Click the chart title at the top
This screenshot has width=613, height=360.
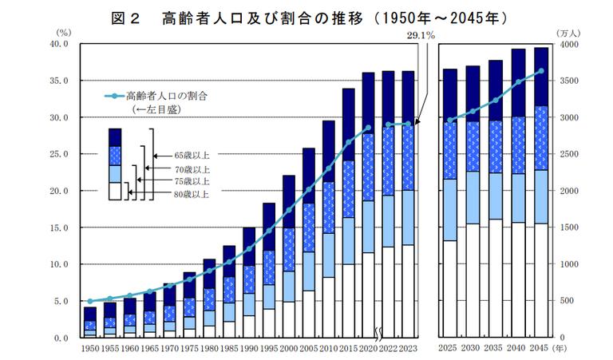click(x=306, y=17)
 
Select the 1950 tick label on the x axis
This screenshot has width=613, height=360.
click(x=90, y=348)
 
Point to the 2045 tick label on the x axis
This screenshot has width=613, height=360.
click(x=540, y=348)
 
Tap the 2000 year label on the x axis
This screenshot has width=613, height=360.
click(x=288, y=348)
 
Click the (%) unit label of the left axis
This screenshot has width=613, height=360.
click(x=65, y=32)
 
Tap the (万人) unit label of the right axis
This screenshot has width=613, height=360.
click(x=567, y=32)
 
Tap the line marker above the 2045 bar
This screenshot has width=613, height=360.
click(x=540, y=71)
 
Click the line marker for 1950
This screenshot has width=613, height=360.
click(x=90, y=301)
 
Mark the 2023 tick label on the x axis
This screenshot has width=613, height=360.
click(x=408, y=348)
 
